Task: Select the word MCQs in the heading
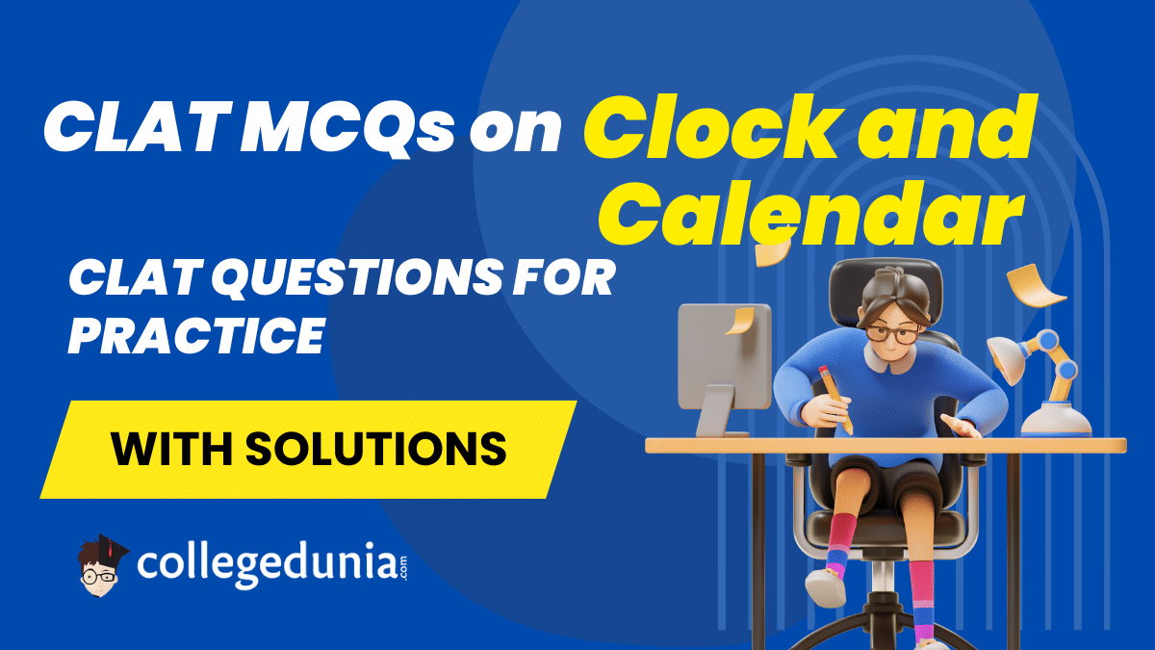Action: coord(349,127)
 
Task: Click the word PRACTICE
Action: coord(196,335)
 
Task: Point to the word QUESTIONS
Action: coord(356,278)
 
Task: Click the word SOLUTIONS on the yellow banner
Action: coord(376,449)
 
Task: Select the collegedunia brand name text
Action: coord(271,566)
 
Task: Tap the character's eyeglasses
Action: coord(893,333)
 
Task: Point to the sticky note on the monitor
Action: coord(740,321)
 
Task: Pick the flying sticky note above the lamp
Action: coord(1034,286)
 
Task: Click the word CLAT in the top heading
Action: coord(140,127)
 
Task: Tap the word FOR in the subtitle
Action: coord(564,278)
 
